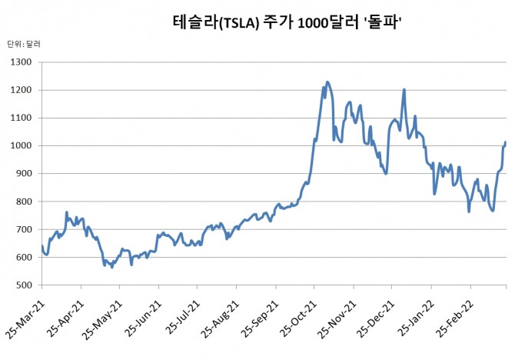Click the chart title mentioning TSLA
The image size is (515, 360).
290,25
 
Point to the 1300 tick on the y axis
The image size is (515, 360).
22,62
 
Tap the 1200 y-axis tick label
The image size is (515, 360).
22,90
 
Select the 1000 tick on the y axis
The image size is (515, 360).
22,146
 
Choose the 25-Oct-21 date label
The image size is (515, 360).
301,319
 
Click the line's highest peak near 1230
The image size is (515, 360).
327,82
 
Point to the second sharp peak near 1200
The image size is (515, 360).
404,89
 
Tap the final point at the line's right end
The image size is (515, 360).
505,142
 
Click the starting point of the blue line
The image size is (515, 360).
42,246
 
